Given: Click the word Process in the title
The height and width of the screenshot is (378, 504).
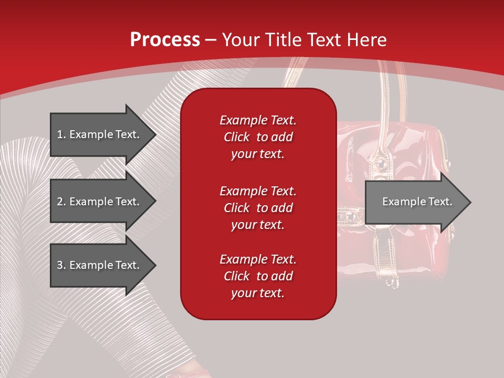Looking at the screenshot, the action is tap(165, 40).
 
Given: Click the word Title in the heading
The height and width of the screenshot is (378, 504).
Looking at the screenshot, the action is tap(283, 40).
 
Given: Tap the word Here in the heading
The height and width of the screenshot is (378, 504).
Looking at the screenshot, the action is tap(366, 40).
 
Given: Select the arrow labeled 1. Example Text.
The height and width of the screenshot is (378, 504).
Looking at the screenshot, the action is tap(103, 134).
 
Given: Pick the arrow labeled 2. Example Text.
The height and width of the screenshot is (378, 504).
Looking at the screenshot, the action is tap(103, 201).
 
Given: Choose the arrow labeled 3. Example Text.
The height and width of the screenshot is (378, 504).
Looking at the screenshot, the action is tap(103, 265).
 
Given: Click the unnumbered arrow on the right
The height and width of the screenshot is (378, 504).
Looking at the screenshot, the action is tap(418, 202).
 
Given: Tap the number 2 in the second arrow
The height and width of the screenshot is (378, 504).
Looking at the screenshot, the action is tap(60, 202).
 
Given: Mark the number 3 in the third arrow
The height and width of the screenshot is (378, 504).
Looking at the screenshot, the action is tap(60, 265).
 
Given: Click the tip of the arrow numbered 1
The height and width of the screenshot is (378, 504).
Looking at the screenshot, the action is tap(156, 134).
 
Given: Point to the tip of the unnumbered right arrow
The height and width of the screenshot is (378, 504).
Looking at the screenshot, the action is tap(471, 202).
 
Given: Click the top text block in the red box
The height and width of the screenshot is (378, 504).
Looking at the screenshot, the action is tap(258, 137).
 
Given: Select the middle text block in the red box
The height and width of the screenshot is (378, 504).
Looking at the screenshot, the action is tap(258, 208).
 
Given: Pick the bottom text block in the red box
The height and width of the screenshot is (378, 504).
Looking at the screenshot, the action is tap(258, 276).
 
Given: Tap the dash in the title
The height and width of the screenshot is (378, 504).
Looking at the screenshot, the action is tap(211, 40).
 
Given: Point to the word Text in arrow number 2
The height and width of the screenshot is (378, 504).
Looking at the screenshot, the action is tap(128, 202).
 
